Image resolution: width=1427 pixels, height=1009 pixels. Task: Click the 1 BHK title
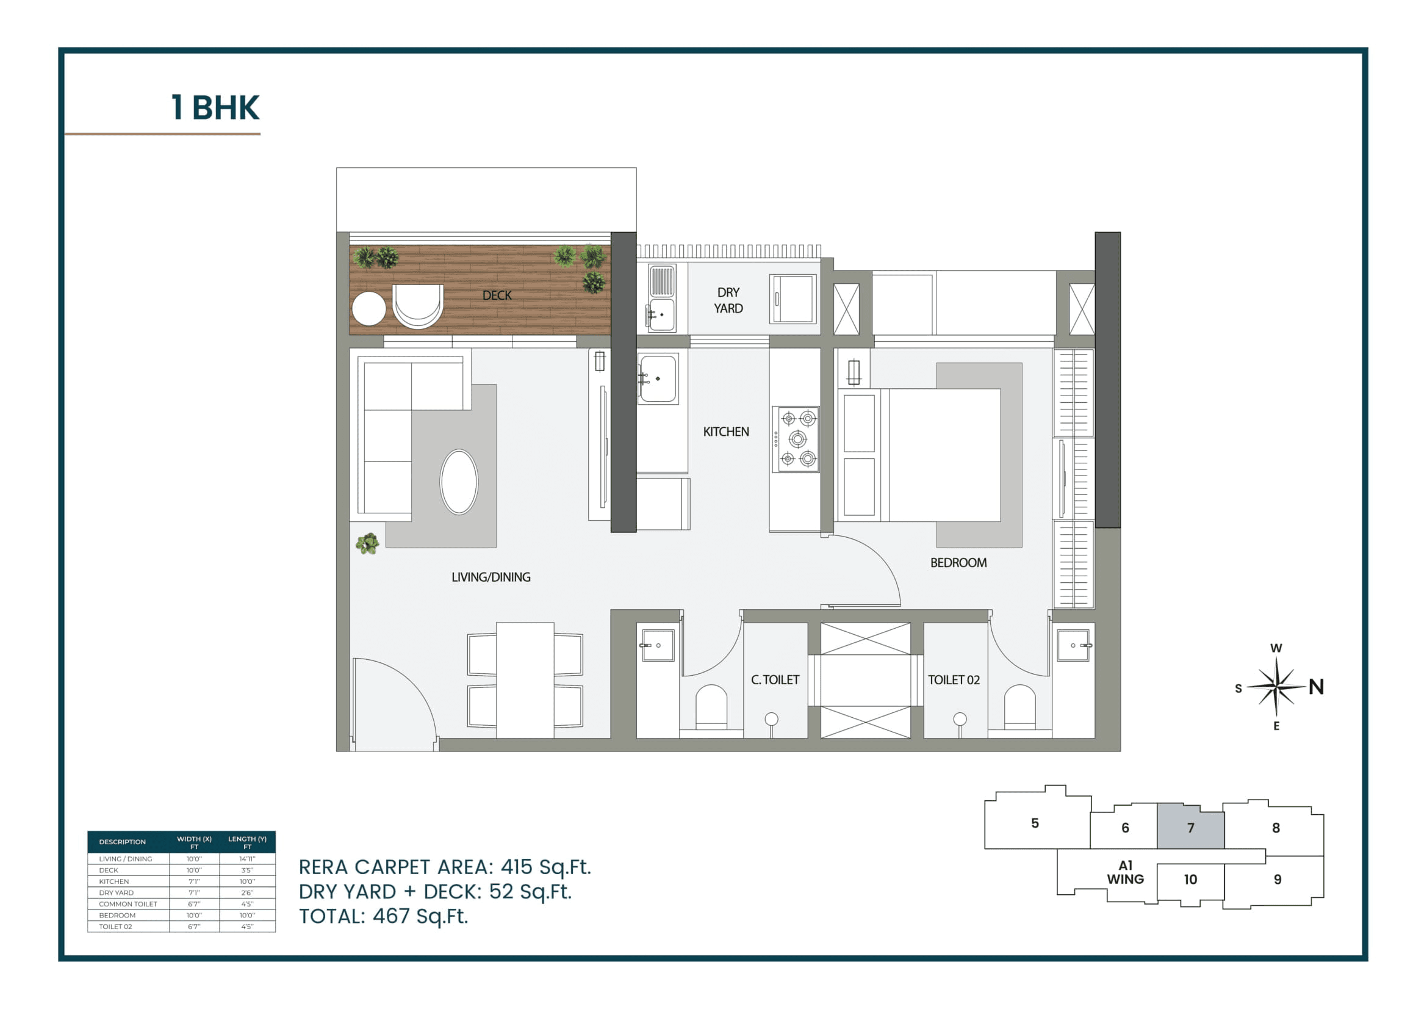coord(215,107)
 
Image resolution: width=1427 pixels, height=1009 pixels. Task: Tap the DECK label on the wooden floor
coord(497,295)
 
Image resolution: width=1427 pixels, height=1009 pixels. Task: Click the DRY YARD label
coord(728,300)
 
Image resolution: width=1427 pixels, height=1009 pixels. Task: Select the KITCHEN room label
coord(725,432)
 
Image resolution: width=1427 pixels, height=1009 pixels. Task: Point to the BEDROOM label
coord(958,563)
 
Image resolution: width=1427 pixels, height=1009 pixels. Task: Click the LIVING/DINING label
coord(491,577)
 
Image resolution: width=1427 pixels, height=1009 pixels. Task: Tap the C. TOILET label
coord(774,679)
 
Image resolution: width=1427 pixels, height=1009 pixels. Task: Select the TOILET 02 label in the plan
coord(954,679)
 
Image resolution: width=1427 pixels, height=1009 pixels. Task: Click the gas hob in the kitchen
coord(796,439)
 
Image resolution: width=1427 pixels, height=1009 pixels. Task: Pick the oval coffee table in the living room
coord(459,482)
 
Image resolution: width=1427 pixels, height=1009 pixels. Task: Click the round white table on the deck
coord(368,308)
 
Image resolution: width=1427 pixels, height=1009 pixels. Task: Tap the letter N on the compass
coord(1316,687)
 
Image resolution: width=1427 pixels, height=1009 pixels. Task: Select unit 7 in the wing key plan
coord(1190,828)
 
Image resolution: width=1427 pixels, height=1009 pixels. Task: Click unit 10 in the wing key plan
coord(1190,879)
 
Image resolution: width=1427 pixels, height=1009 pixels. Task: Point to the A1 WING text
coord(1125,872)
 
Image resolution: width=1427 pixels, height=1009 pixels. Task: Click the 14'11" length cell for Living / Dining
coord(246,859)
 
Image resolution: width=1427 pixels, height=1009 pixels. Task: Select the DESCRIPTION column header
coord(123,842)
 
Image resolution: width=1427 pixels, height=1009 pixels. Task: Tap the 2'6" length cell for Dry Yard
coord(246,893)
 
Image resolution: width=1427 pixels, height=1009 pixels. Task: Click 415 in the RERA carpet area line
coord(516,867)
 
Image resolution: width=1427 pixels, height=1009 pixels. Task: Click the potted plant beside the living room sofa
coord(367,543)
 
